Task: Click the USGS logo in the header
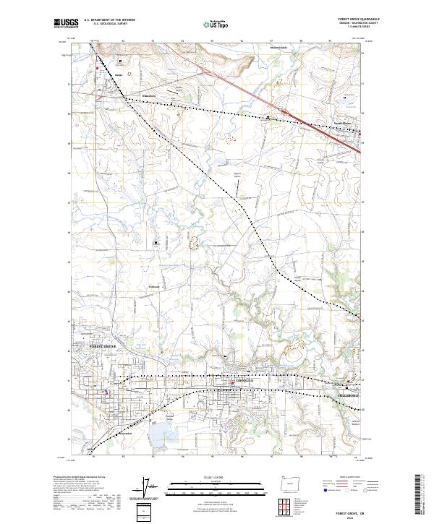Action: pyautogui.click(x=67, y=22)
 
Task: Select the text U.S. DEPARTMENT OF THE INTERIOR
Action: pyautogui.click(x=109, y=20)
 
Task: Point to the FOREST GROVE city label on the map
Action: pyautogui.click(x=103, y=347)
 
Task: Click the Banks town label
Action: pyautogui.click(x=119, y=74)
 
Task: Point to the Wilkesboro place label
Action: pyautogui.click(x=149, y=96)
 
